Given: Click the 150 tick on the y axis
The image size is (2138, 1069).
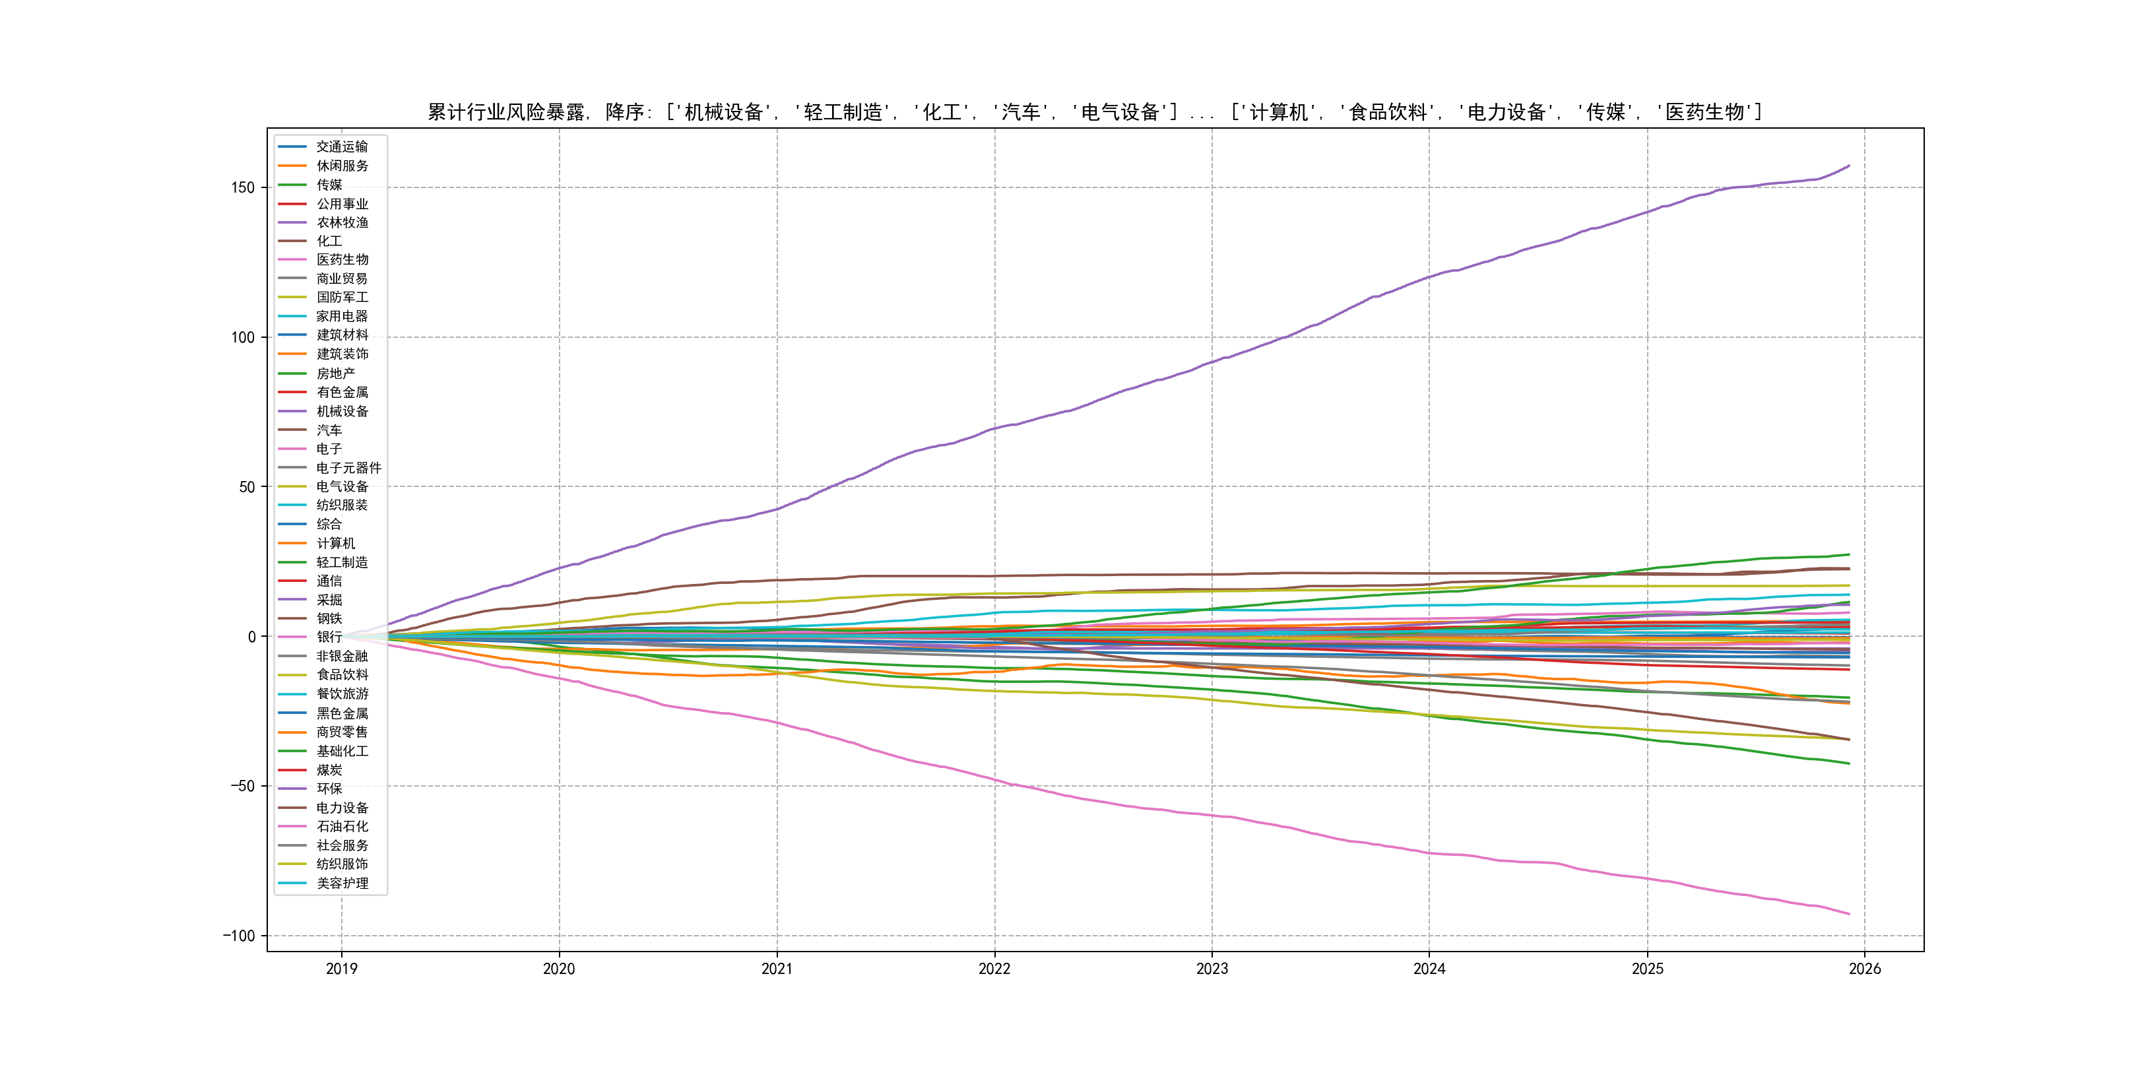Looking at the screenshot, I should pos(242,187).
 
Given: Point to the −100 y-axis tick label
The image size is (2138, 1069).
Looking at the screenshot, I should pos(238,936).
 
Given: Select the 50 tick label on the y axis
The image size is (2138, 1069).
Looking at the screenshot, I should pos(247,487).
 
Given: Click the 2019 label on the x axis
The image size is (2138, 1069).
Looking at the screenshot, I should pos(341,969).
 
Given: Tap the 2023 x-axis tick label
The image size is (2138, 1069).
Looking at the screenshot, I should pos(1212,969).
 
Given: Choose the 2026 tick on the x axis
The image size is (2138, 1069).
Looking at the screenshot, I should pos(1865,969).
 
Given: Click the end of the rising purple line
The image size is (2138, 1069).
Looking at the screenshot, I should pos(1849,166).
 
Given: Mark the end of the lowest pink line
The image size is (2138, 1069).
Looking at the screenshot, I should pos(1849,915).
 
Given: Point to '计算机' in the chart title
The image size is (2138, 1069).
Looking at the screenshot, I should pos(1278,112).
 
